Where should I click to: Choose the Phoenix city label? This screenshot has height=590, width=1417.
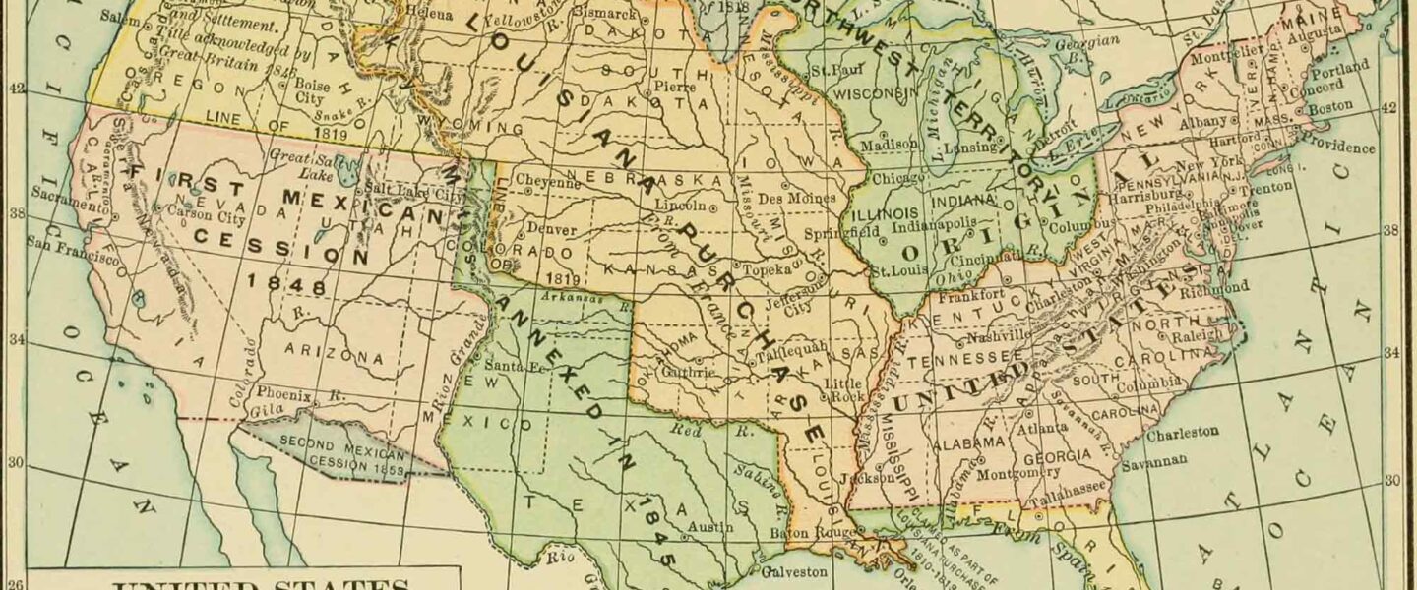coord(286,395)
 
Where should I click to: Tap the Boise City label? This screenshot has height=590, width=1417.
coord(310,91)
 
